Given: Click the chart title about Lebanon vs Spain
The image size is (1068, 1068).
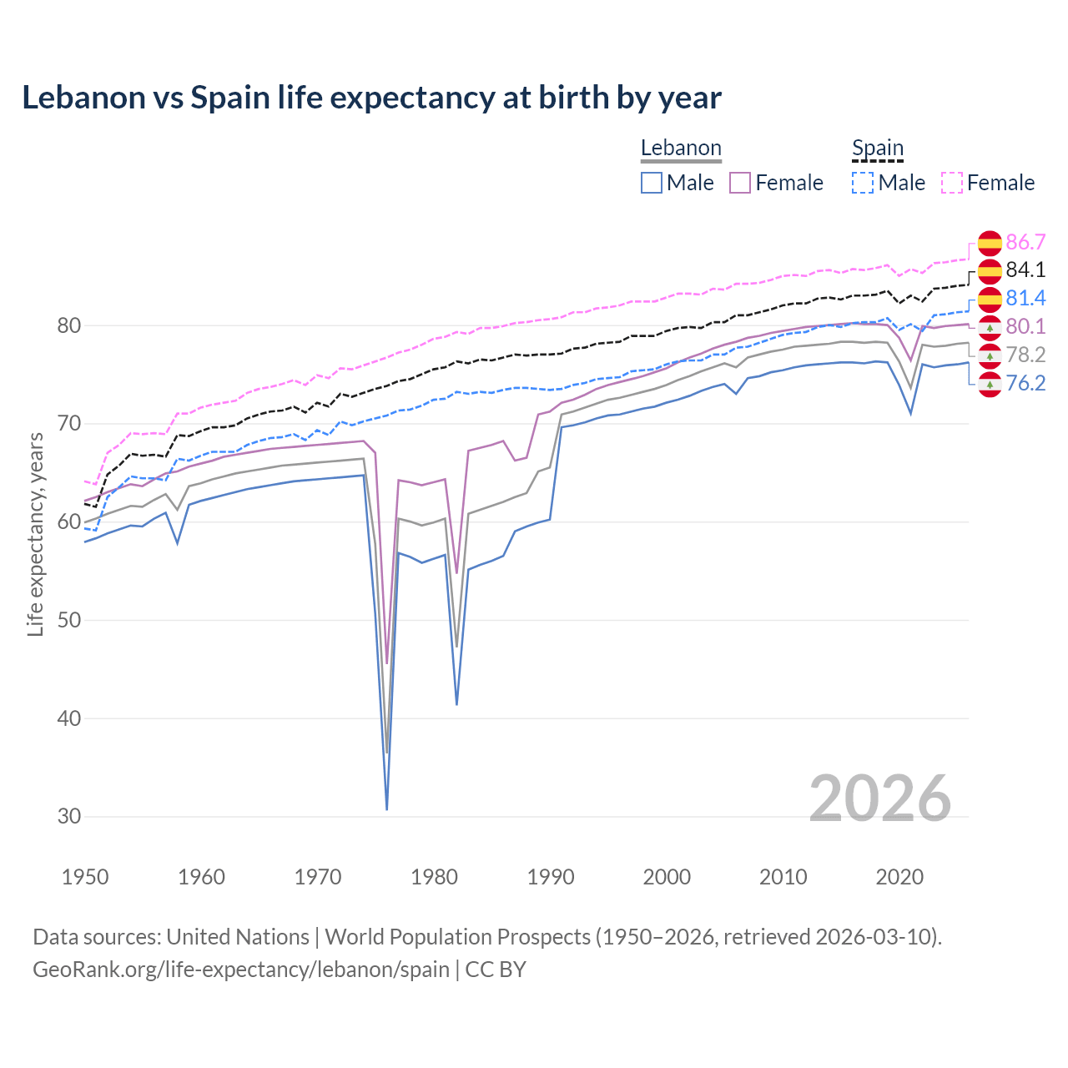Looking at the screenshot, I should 371,98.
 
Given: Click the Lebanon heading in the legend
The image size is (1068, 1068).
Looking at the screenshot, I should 681,149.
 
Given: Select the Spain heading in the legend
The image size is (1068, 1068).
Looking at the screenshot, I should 878,149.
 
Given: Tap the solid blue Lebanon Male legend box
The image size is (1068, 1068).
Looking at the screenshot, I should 652,183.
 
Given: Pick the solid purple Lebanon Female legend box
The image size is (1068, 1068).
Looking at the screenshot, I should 740,183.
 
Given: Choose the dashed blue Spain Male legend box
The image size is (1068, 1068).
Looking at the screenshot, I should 863,183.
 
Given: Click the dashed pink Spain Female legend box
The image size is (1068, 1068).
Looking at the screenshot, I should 952,183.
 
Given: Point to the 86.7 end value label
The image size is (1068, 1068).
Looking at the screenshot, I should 1025,243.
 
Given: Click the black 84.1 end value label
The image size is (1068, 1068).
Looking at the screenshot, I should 1025,270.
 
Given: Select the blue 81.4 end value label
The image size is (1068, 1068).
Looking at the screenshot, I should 1025,299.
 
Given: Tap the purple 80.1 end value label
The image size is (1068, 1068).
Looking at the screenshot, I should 1025,326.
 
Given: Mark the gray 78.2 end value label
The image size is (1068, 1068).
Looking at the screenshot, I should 1025,355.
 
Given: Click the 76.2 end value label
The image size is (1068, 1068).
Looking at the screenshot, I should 1025,383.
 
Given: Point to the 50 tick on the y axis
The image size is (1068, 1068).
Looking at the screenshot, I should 69,620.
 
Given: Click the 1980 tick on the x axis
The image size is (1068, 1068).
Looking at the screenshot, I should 435,877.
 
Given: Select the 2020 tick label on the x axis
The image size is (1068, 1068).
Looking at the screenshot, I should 899,877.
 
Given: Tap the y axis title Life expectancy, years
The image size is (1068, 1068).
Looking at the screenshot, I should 36,534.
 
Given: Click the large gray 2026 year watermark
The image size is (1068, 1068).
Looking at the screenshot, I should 879,798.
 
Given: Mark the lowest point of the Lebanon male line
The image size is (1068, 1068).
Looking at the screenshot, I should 387,809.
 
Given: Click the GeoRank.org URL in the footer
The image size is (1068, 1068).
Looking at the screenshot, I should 241,970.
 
